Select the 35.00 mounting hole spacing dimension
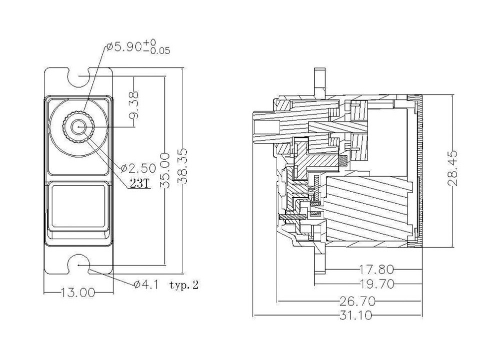pyautogui.click(x=165, y=170)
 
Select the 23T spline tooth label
pyautogui.click(x=140, y=183)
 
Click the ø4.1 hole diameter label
pyautogui.click(x=146, y=285)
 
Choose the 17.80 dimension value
pyautogui.click(x=376, y=270)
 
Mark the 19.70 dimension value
pyautogui.click(x=376, y=284)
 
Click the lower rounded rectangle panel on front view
pyautogui.click(x=78, y=207)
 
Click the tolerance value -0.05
pyautogui.click(x=161, y=51)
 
